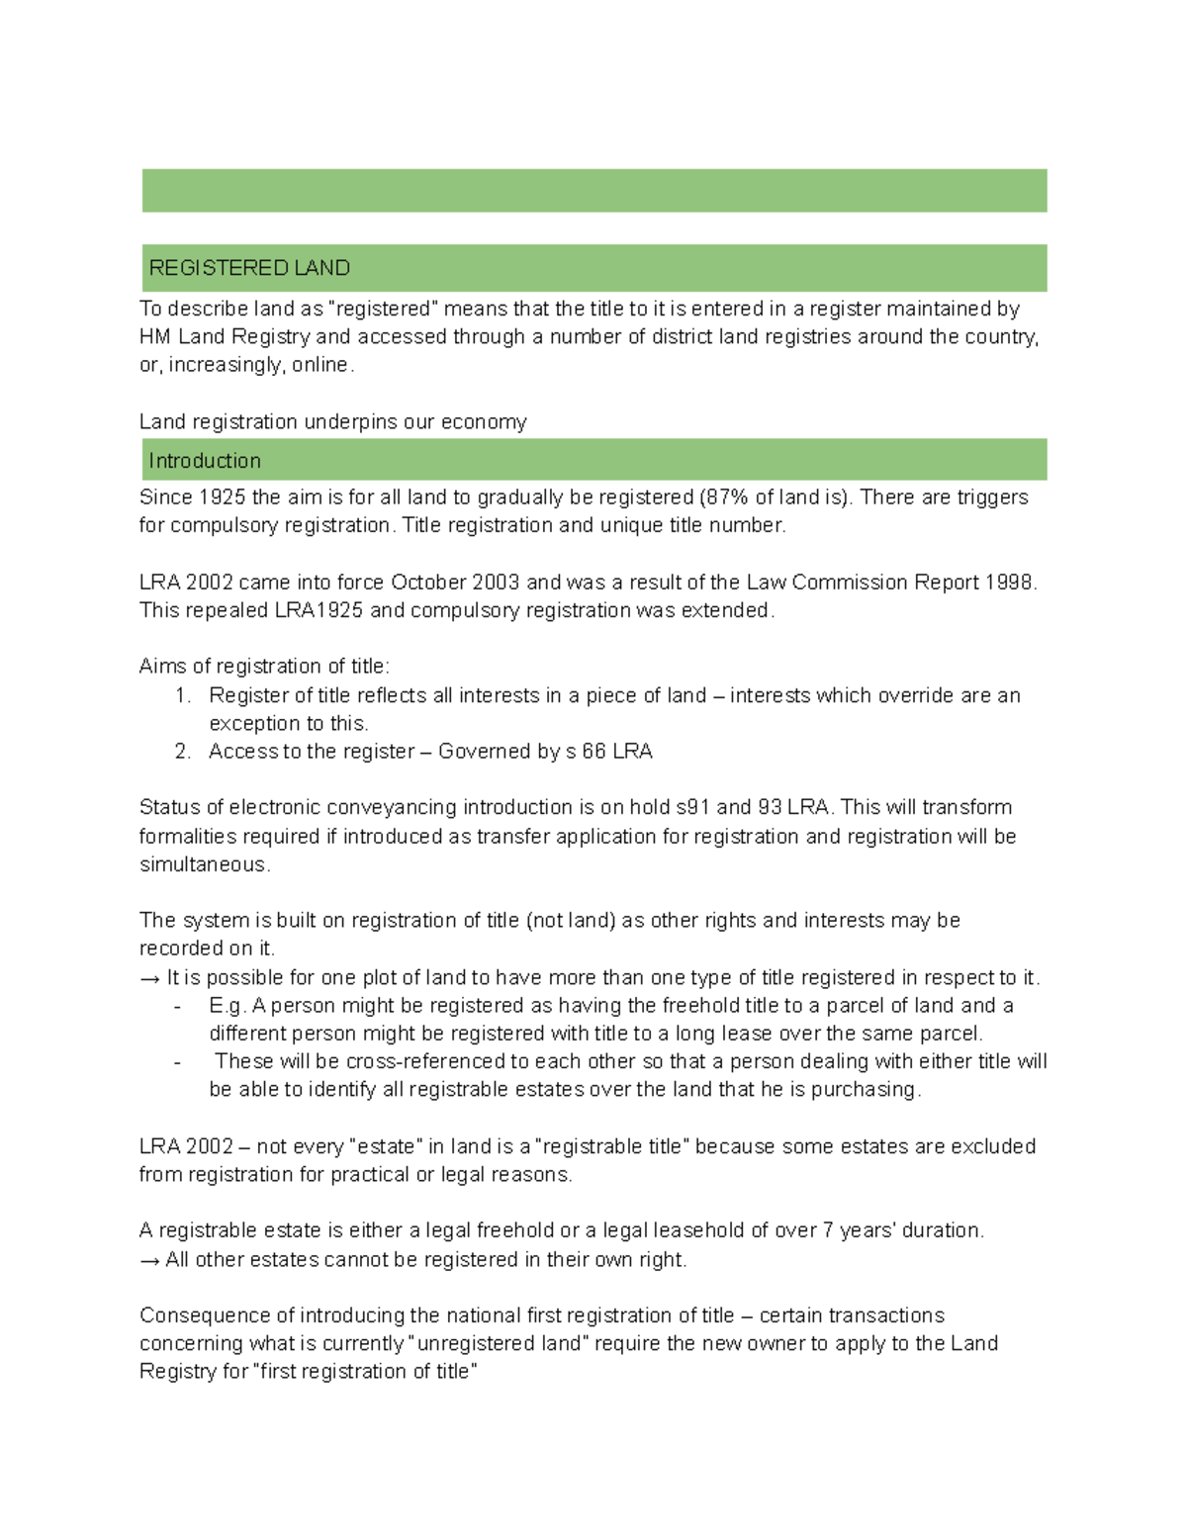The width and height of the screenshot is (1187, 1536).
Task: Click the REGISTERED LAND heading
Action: coord(249,268)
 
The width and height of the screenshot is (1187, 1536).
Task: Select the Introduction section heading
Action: coord(205,461)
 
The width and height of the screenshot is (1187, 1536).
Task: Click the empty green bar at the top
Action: coord(593,191)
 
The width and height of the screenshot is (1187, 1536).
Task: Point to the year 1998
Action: coord(1009,583)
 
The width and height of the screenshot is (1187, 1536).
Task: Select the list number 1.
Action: coord(182,696)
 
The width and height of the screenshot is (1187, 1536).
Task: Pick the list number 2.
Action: coord(182,752)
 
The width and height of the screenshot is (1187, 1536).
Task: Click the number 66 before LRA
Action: coord(593,752)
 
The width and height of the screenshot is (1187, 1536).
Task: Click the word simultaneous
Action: coord(203,864)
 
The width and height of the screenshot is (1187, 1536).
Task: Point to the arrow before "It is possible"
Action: coord(149,978)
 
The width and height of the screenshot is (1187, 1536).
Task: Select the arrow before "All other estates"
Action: coord(149,1260)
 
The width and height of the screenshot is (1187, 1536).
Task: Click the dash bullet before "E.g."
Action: coord(177,1006)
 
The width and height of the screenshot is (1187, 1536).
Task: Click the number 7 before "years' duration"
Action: coord(828,1231)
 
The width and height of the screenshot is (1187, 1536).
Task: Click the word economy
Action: coord(484,422)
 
